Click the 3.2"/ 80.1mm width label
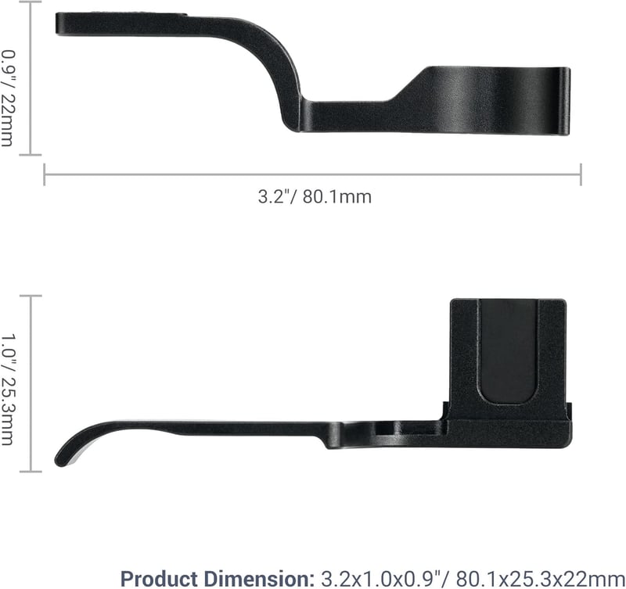click(315, 197)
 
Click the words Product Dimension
click(218, 579)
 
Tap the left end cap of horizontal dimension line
click(45, 174)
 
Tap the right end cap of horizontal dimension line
click(581, 174)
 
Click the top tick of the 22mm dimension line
click(31, 2)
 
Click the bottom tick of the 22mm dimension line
click(31, 154)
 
